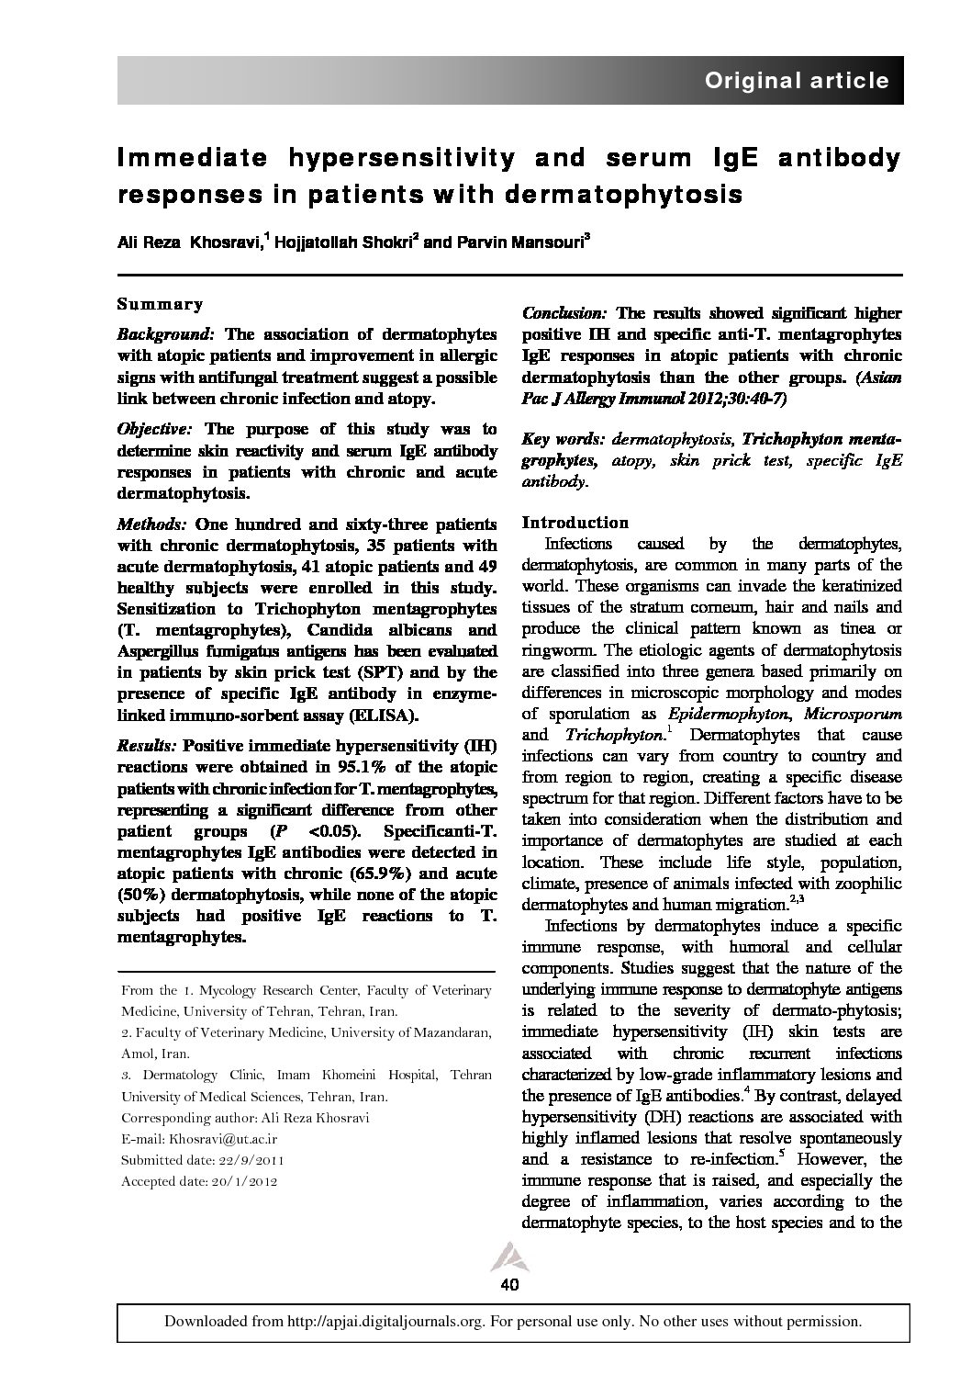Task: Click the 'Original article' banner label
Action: click(796, 81)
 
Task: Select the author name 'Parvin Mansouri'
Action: click(519, 242)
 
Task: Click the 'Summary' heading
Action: click(161, 304)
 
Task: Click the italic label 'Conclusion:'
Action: click(564, 313)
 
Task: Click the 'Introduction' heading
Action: click(575, 523)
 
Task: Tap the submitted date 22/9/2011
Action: click(249, 1160)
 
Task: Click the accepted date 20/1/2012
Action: click(244, 1181)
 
